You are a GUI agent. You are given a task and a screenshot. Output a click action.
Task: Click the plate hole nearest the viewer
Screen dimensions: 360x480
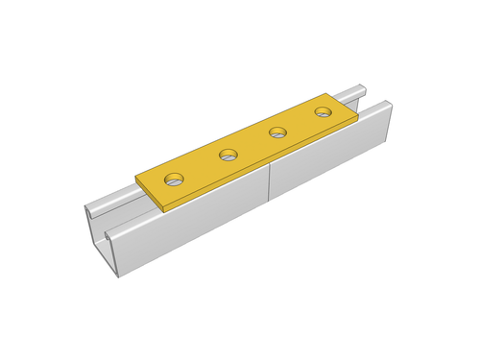pyautogui.click(x=174, y=179)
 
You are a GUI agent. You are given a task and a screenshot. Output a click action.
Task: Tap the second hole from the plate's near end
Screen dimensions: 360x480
pyautogui.click(x=228, y=155)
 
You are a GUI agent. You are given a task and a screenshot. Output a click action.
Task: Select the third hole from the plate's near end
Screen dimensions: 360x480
pyautogui.click(x=278, y=132)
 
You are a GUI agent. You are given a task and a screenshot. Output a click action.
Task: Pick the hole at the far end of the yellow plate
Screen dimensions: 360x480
pyautogui.click(x=322, y=113)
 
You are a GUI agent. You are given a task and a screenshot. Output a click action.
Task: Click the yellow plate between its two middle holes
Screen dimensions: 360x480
pyautogui.click(x=253, y=144)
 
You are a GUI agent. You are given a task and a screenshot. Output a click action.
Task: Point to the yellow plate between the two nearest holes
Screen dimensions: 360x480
pyautogui.click(x=202, y=167)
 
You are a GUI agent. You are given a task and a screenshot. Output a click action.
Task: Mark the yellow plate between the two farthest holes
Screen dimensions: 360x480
pyautogui.click(x=300, y=123)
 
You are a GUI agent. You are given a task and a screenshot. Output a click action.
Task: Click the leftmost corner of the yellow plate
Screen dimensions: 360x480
pyautogui.click(x=136, y=176)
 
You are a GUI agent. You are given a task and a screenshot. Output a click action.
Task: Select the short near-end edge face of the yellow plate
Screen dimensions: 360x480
pyautogui.click(x=150, y=193)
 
